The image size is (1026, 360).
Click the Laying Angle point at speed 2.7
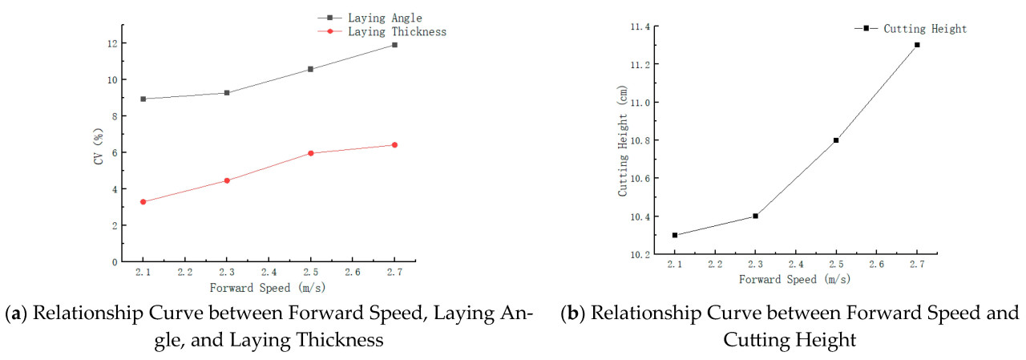point(394,45)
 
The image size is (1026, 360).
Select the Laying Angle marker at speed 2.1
point(143,99)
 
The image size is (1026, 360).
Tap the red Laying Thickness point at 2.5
point(310,153)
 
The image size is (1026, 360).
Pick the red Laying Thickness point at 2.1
point(143,202)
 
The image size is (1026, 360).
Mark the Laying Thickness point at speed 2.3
point(227,180)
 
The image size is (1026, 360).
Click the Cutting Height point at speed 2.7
point(917,45)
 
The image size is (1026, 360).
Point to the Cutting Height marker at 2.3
point(755,216)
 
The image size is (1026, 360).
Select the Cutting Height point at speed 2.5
point(836,140)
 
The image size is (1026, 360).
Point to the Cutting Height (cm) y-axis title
point(622,141)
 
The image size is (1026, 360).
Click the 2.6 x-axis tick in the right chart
point(876,264)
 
